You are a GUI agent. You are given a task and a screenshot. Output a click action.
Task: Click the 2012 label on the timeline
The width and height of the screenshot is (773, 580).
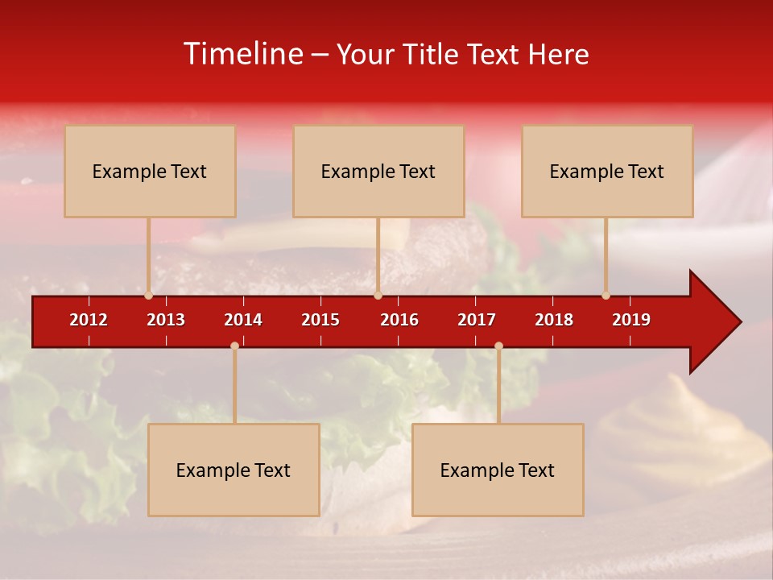pyautogui.click(x=89, y=320)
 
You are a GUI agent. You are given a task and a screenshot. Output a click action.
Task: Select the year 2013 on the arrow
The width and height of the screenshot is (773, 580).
pyautogui.click(x=166, y=320)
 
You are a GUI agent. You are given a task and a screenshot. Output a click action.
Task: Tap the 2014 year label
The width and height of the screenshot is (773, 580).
pyautogui.click(x=243, y=320)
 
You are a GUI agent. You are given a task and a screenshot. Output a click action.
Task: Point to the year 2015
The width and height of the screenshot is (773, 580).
pyautogui.click(x=320, y=320)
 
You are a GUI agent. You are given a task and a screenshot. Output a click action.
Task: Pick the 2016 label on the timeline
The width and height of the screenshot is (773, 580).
pyautogui.click(x=399, y=320)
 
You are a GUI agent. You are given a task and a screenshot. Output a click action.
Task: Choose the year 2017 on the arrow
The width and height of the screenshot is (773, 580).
pyautogui.click(x=477, y=320)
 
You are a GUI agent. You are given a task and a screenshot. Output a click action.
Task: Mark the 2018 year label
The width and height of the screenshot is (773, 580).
pyautogui.click(x=554, y=320)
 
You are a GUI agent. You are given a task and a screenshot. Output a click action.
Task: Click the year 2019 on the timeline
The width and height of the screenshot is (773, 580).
pyautogui.click(x=631, y=320)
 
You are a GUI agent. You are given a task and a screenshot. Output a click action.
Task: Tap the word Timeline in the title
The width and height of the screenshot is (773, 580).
pyautogui.click(x=242, y=54)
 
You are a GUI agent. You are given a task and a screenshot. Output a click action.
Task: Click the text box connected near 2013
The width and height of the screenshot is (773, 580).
pyautogui.click(x=150, y=171)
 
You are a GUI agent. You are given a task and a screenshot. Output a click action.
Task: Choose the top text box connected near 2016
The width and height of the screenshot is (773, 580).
pyautogui.click(x=378, y=171)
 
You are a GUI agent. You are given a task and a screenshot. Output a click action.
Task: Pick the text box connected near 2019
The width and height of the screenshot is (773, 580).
pyautogui.click(x=607, y=171)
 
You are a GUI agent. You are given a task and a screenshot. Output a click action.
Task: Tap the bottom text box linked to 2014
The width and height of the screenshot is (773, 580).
pyautogui.click(x=234, y=470)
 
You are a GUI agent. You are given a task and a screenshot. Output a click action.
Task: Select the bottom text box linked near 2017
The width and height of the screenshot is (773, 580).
pyautogui.click(x=498, y=470)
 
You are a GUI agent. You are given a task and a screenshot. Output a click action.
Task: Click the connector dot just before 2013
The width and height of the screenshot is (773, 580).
pyautogui.click(x=148, y=296)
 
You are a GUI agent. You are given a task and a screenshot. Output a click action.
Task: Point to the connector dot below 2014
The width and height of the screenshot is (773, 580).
pyautogui.click(x=234, y=346)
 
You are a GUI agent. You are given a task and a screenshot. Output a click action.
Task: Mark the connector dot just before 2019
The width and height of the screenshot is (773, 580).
pyautogui.click(x=606, y=296)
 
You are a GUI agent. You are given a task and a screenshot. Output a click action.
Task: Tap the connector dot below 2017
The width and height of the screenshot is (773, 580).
pyautogui.click(x=498, y=346)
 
